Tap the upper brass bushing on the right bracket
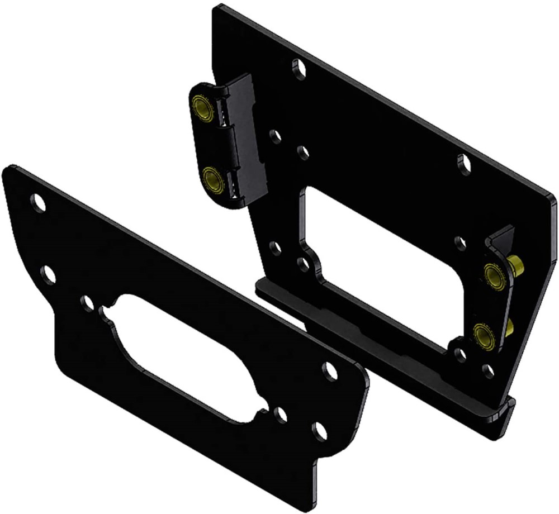pyautogui.click(x=494, y=275)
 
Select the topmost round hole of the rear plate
pyautogui.click(x=300, y=69)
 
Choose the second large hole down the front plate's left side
pyautogui.click(x=48, y=274)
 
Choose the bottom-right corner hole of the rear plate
pyautogui.click(x=488, y=369)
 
